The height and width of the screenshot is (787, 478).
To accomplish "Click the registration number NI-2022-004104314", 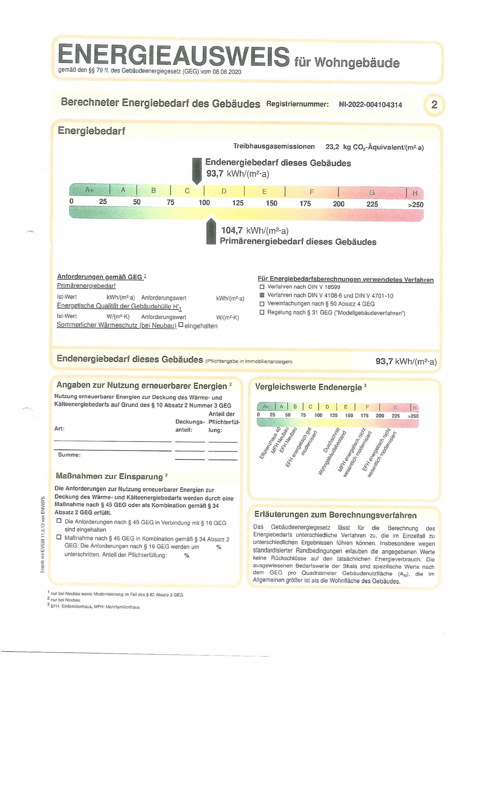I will pyautogui.click(x=370, y=105).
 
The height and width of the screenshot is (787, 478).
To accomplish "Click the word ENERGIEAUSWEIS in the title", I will pyautogui.click(x=173, y=56).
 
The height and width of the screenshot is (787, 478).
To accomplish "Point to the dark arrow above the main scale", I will pyautogui.click(x=197, y=170).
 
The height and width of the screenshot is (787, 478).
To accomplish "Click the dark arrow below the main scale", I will pyautogui.click(x=211, y=231).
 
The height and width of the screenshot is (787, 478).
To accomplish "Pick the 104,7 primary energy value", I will pyautogui.click(x=232, y=230).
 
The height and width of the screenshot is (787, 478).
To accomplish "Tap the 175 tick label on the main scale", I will pyautogui.click(x=305, y=204).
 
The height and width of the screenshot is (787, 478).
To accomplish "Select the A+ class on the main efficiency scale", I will pyautogui.click(x=89, y=190).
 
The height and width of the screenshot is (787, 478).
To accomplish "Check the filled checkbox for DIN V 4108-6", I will pyautogui.click(x=262, y=295).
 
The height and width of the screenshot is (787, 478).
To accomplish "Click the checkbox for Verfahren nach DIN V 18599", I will pyautogui.click(x=262, y=287).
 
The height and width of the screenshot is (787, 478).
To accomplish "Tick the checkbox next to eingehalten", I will pyautogui.click(x=181, y=325).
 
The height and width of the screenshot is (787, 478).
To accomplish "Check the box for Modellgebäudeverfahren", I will pyautogui.click(x=262, y=312).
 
